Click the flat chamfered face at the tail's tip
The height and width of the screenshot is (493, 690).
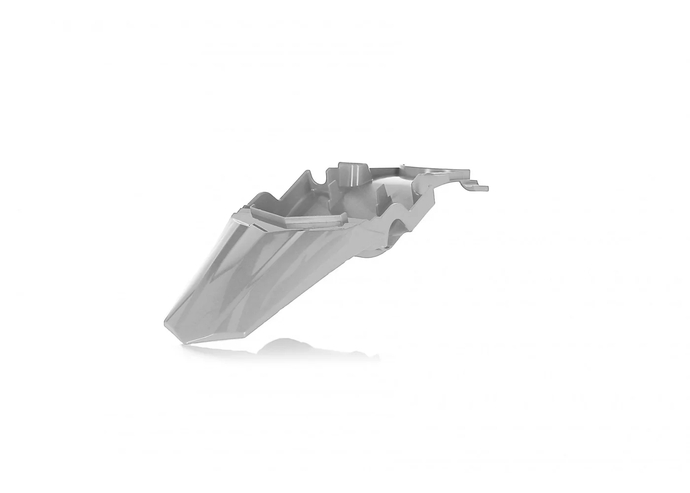(212, 328)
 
